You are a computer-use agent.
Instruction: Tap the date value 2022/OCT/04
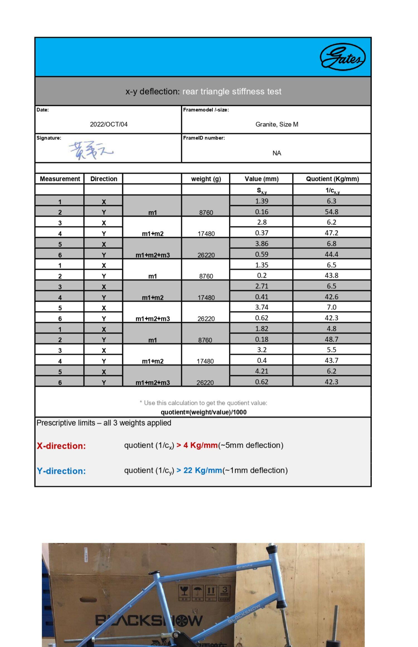pos(109,124)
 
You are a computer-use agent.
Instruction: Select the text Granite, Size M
pos(277,124)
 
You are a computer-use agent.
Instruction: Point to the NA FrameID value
pos(277,153)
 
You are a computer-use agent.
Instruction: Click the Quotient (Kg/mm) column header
pos(332,179)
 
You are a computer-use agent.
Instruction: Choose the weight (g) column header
pos(206,179)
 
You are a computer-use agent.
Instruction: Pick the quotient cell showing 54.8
pos(331,212)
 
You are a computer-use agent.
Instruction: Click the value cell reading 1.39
pos(261,201)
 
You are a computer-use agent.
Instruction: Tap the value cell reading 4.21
pos(261,371)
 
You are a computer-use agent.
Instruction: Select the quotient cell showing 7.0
pos(331,307)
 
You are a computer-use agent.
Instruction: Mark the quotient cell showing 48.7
pos(331,339)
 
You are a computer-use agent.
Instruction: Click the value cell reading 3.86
pos(261,244)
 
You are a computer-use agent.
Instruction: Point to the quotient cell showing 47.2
pos(331,233)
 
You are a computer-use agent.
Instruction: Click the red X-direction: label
pos(61,446)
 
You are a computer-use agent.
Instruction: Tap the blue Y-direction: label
pos(61,471)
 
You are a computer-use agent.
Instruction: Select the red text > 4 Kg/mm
pos(197,445)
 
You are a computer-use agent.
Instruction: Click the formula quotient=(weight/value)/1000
pos(203,412)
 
